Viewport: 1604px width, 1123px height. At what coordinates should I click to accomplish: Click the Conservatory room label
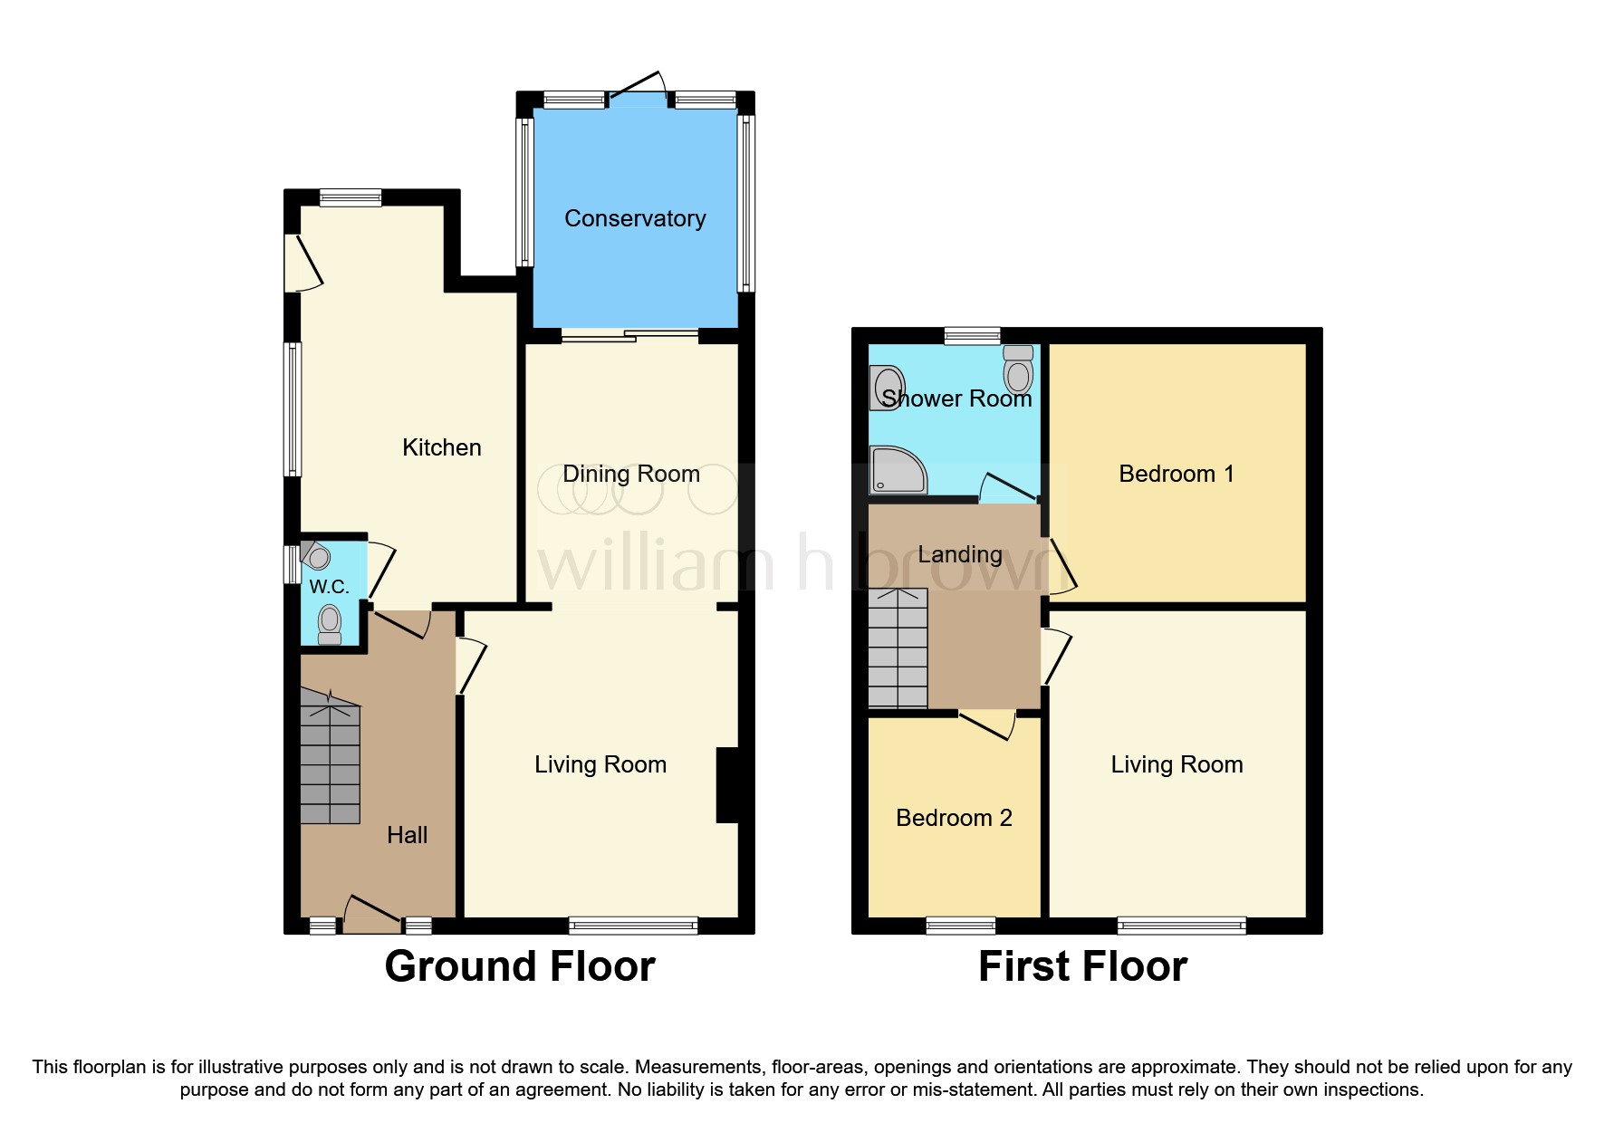(x=634, y=218)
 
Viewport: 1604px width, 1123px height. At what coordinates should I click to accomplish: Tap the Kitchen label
(x=441, y=447)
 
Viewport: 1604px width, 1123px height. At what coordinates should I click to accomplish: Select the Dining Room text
(x=630, y=474)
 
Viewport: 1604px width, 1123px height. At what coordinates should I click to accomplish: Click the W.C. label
(x=329, y=587)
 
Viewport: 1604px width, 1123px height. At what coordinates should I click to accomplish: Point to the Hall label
(x=407, y=835)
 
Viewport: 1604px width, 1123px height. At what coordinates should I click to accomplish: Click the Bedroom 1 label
(x=1176, y=474)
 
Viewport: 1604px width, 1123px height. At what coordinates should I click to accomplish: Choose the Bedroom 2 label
(x=953, y=818)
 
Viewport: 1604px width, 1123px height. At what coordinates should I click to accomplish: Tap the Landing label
(x=959, y=554)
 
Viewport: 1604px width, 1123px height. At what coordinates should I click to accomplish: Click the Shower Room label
(x=956, y=398)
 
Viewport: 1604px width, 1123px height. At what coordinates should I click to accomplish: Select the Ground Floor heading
(x=519, y=966)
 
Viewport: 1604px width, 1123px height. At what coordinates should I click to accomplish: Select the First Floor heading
(x=1081, y=966)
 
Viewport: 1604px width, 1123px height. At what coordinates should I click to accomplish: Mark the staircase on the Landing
(x=898, y=648)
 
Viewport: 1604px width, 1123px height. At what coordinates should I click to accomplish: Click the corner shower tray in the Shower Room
(x=896, y=469)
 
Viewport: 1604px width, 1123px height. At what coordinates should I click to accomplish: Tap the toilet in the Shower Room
(x=1019, y=369)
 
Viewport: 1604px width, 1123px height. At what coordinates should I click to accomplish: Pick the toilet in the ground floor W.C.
(x=330, y=624)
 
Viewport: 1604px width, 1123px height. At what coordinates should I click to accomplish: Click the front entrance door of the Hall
(x=371, y=915)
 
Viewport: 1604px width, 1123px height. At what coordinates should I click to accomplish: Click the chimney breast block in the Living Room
(x=730, y=784)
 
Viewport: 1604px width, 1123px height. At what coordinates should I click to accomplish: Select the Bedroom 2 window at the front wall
(x=960, y=925)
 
